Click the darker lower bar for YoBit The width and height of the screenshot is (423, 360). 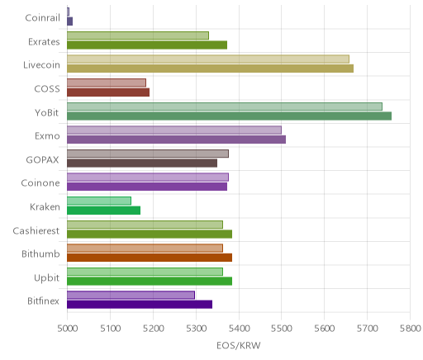(x=229, y=116)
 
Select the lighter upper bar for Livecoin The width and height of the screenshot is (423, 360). (x=208, y=59)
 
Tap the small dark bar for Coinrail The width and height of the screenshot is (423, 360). (x=70, y=21)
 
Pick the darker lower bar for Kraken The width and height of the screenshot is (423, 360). (x=104, y=211)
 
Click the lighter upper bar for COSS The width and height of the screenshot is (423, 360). (x=107, y=83)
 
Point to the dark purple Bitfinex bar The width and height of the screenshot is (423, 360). (x=140, y=305)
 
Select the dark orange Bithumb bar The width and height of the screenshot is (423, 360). (x=150, y=258)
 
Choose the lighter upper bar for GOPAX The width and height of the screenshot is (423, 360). (x=148, y=154)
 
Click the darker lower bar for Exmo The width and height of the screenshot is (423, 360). (x=176, y=140)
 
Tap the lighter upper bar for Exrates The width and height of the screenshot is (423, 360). (x=138, y=36)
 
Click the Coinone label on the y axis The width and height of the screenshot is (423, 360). (x=40, y=183)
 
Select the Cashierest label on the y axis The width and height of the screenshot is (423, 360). (x=36, y=230)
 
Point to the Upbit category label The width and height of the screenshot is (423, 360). (x=46, y=278)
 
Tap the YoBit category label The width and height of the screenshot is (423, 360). (x=47, y=112)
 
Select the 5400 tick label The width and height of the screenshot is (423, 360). (x=239, y=329)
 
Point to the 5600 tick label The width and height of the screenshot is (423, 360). (x=325, y=329)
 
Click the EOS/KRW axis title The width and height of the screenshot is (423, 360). (x=239, y=346)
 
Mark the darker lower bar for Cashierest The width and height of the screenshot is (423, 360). (x=150, y=234)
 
